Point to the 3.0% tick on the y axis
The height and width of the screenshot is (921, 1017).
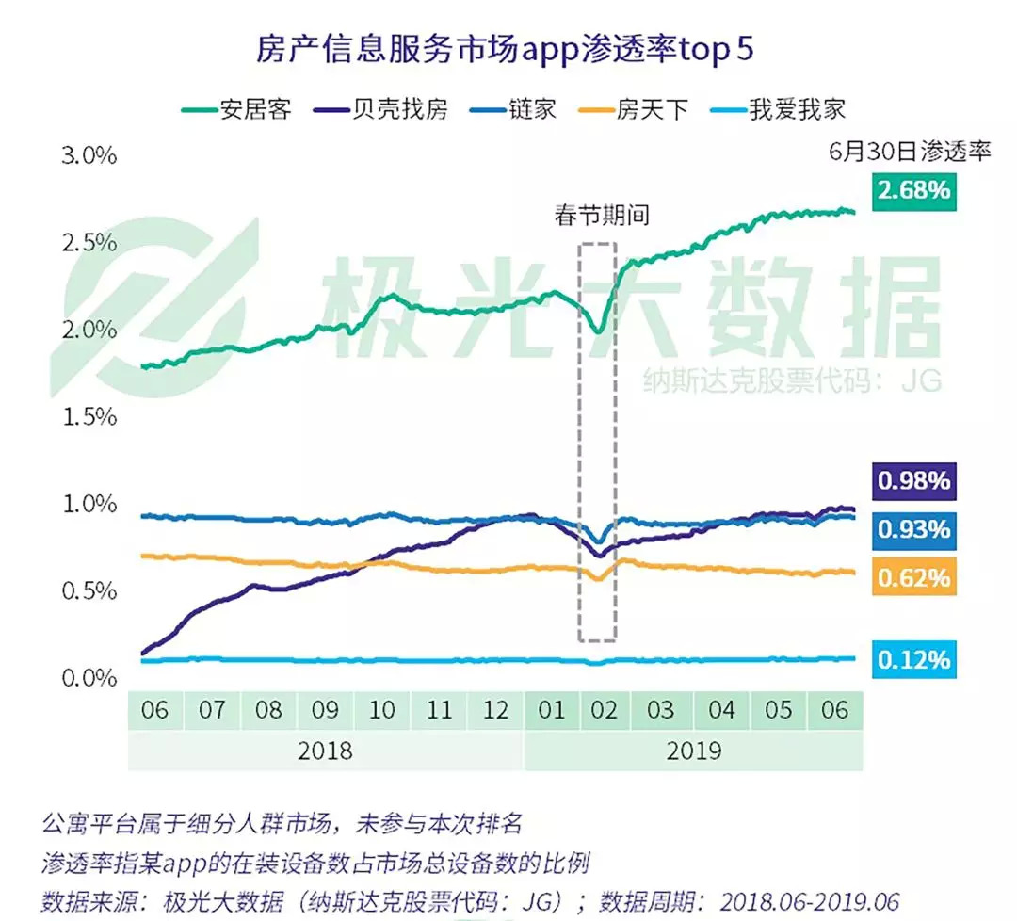(x=89, y=155)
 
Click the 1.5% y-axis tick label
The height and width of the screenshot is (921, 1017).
(x=89, y=416)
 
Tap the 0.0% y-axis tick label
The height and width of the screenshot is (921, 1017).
(x=89, y=678)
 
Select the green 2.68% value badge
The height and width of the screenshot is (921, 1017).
(x=913, y=190)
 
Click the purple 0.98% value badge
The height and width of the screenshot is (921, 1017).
(x=913, y=482)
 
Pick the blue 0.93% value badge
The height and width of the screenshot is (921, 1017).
(x=913, y=529)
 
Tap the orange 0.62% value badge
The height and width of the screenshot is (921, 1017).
(x=913, y=577)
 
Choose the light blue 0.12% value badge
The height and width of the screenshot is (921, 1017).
(x=913, y=660)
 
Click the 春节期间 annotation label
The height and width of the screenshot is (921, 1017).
(x=601, y=216)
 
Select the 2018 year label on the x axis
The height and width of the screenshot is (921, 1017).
(x=325, y=751)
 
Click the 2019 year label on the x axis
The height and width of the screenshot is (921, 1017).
(x=693, y=751)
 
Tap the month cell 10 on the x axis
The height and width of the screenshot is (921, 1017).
(x=381, y=709)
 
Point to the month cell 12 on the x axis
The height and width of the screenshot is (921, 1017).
(x=495, y=709)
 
